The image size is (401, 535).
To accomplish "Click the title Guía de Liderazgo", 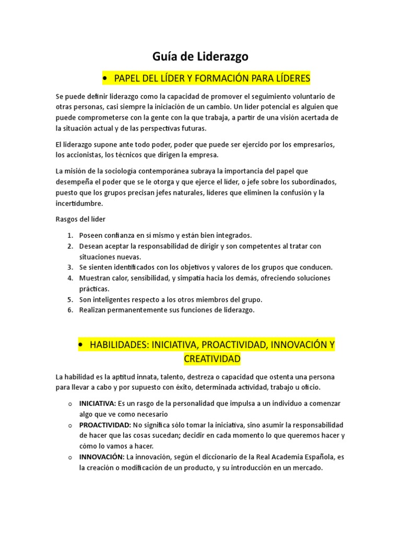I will coord(200,57).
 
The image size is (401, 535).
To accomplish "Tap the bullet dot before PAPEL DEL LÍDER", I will coord(106,78).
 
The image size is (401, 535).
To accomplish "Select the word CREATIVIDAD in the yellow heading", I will coord(212,359).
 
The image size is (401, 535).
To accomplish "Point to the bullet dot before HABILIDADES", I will coord(81,345).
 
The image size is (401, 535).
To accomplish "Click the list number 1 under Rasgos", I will coord(70,236).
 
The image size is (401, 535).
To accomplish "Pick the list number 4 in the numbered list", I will coord(70,278).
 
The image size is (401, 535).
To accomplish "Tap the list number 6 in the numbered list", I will coord(70,310).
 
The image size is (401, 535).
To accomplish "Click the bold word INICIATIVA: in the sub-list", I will coord(98,403).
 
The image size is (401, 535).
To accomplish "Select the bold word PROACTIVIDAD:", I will coord(105,425).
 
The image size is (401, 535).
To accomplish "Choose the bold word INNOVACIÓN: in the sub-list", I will coord(101,457).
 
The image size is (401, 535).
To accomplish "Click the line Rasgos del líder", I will coord(80,219).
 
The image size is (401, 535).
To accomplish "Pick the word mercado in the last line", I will coord(306,468).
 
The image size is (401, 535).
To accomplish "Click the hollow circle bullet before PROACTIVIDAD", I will coord(70,425).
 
